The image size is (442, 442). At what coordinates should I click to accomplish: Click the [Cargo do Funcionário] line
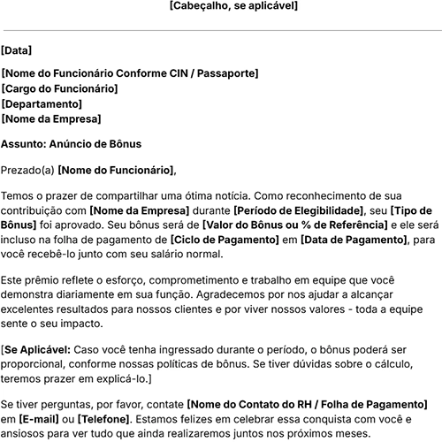(x=59, y=89)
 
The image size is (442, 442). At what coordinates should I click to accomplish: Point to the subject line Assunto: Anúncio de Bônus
(x=72, y=143)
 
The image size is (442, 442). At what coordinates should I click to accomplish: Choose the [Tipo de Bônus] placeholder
(x=410, y=211)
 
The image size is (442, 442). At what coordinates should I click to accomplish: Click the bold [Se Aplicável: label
(x=35, y=350)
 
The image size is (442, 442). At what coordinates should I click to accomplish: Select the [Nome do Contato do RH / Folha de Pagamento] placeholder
(x=309, y=405)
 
